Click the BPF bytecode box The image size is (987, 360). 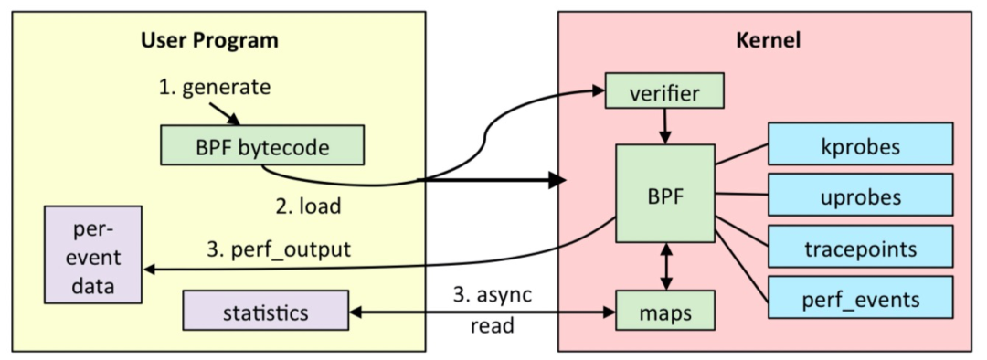262,145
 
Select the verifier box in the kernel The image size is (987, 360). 664,91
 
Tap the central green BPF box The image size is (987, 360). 664,194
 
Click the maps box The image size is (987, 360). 664,312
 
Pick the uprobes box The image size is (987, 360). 861,196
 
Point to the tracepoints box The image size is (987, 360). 861,248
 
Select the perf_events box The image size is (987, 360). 861,298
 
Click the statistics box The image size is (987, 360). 265,312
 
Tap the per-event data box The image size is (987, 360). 95,253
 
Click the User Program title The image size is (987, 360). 209,41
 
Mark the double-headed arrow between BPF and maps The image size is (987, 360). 664,266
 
